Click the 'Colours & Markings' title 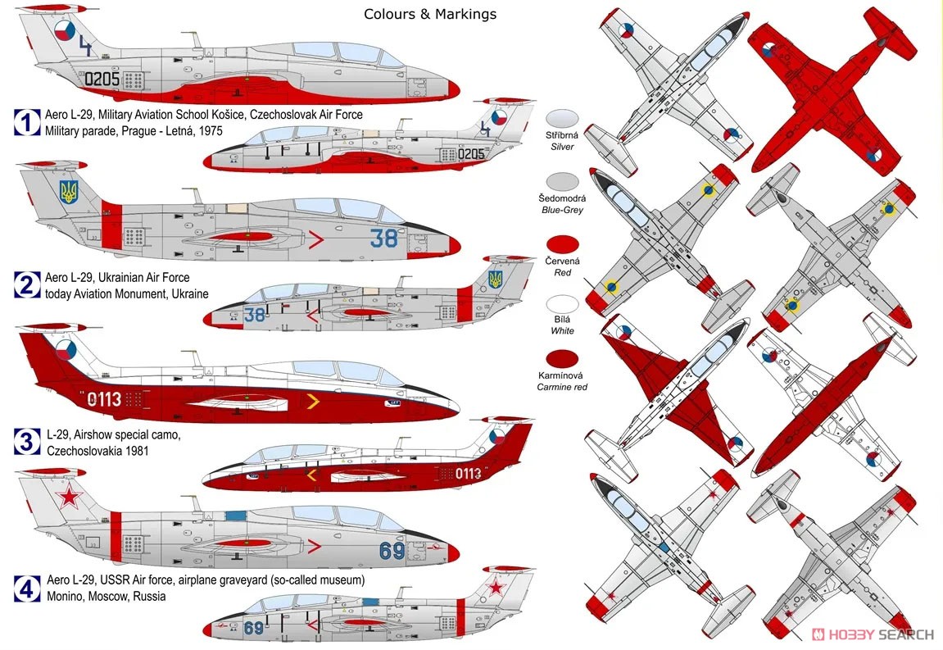[x=430, y=14]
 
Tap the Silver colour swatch [x=562, y=118]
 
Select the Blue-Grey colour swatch [x=562, y=181]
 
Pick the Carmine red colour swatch [x=562, y=358]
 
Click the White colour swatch [x=562, y=303]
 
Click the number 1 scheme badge [x=27, y=122]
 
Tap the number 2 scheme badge [x=27, y=284]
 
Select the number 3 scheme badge [x=27, y=441]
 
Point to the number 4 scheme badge [x=27, y=589]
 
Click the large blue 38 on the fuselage [x=383, y=239]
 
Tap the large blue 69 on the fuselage [x=392, y=550]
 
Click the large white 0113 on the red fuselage [x=104, y=398]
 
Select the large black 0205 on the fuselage [x=102, y=79]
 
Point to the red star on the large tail [x=69, y=497]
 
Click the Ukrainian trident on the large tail [x=69, y=192]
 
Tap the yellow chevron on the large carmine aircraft [x=313, y=401]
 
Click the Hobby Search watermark [x=873, y=634]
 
